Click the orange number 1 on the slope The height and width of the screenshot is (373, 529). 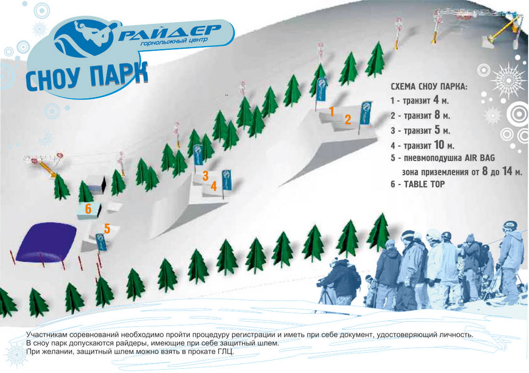pyautogui.click(x=331, y=111)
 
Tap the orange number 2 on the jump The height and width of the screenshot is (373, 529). pyautogui.click(x=348, y=119)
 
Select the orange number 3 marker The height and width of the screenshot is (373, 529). pyautogui.click(x=205, y=176)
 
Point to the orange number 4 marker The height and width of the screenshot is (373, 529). pyautogui.click(x=214, y=186)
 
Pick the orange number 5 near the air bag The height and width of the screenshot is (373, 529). pyautogui.click(x=107, y=229)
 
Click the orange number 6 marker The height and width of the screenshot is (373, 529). pyautogui.click(x=88, y=209)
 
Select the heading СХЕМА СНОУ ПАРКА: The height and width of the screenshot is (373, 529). pyautogui.click(x=429, y=86)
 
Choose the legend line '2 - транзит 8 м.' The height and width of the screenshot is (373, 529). pyautogui.click(x=421, y=115)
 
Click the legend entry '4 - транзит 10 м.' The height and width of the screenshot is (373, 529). pyautogui.click(x=422, y=145)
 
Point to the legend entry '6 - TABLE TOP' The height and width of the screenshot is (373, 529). pyautogui.click(x=418, y=184)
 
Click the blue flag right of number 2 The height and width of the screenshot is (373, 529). pyautogui.click(x=366, y=113)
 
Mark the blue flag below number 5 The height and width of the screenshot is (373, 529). pyautogui.click(x=101, y=242)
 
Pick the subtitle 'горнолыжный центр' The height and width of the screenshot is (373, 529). pyautogui.click(x=174, y=42)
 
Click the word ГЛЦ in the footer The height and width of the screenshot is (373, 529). pyautogui.click(x=227, y=351)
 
